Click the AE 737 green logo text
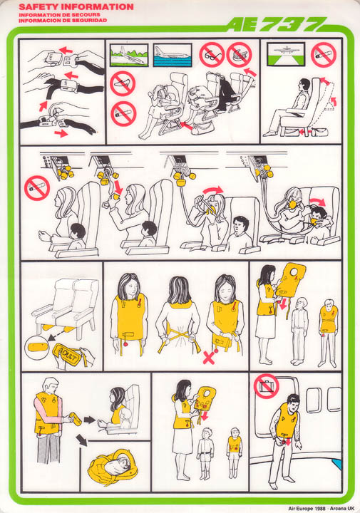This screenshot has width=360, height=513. (x=276, y=24)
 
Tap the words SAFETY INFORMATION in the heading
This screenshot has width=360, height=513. (x=76, y=7)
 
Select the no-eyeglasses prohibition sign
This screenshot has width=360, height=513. (x=212, y=55)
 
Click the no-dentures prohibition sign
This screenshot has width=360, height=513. (x=240, y=55)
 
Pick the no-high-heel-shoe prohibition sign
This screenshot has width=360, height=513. (x=123, y=83)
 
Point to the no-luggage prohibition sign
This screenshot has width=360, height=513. (x=267, y=386)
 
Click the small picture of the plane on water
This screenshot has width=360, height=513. (x=173, y=55)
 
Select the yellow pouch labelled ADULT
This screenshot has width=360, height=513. (x=67, y=354)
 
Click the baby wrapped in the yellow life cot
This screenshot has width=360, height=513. (x=113, y=466)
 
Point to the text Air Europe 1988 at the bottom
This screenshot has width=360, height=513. (x=307, y=509)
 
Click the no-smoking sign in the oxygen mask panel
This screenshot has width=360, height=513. (x=37, y=188)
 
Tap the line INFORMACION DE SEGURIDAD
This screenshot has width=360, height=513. (x=63, y=20)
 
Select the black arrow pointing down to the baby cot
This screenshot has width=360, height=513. (x=82, y=440)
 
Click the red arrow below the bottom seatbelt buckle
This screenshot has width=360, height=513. (x=61, y=133)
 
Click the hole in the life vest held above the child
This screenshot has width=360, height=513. (x=294, y=272)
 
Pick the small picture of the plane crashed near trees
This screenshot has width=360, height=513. (x=129, y=55)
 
